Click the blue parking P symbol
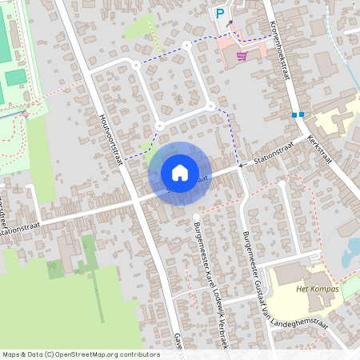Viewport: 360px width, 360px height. click(x=220, y=13)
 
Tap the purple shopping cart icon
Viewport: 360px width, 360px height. click(x=242, y=55)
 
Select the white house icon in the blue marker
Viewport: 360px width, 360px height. click(x=180, y=172)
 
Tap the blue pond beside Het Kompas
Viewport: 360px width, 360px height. click(x=350, y=256)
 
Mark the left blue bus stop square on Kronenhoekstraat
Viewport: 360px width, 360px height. click(x=294, y=115)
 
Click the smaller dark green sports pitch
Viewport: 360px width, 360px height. click(x=16, y=78)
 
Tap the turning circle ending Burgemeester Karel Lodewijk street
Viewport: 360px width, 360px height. click(x=196, y=216)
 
